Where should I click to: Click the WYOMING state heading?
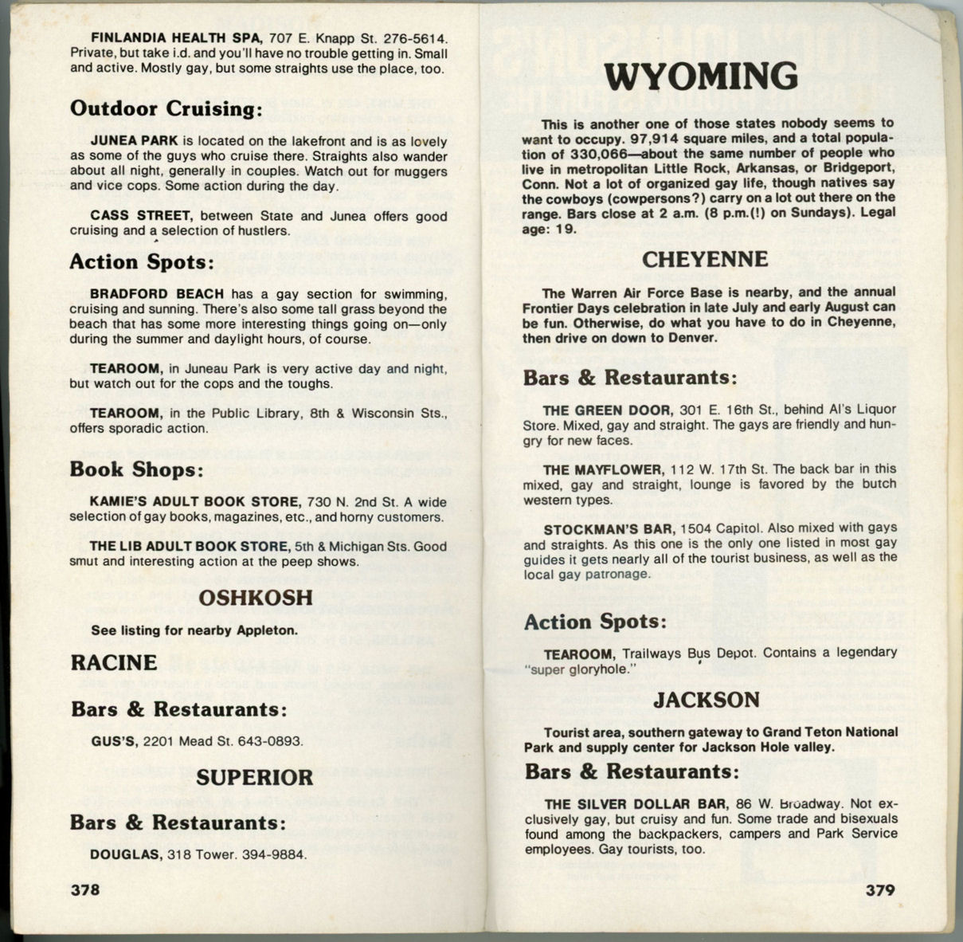pyautogui.click(x=701, y=77)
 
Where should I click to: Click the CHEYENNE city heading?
pyautogui.click(x=705, y=259)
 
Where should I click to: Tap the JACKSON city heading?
pyautogui.click(x=707, y=700)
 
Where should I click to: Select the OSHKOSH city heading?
pyautogui.click(x=255, y=598)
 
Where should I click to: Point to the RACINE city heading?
pyautogui.click(x=113, y=662)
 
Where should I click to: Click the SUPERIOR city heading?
pyautogui.click(x=255, y=777)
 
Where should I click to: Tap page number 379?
pyautogui.click(x=880, y=889)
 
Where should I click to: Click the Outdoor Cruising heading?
pyautogui.click(x=166, y=108)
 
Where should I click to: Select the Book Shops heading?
pyautogui.click(x=136, y=469)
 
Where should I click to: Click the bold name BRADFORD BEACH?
pyautogui.click(x=156, y=293)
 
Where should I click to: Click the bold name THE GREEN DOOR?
pyautogui.click(x=607, y=410)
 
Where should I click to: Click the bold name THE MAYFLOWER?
pyautogui.click(x=602, y=469)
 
